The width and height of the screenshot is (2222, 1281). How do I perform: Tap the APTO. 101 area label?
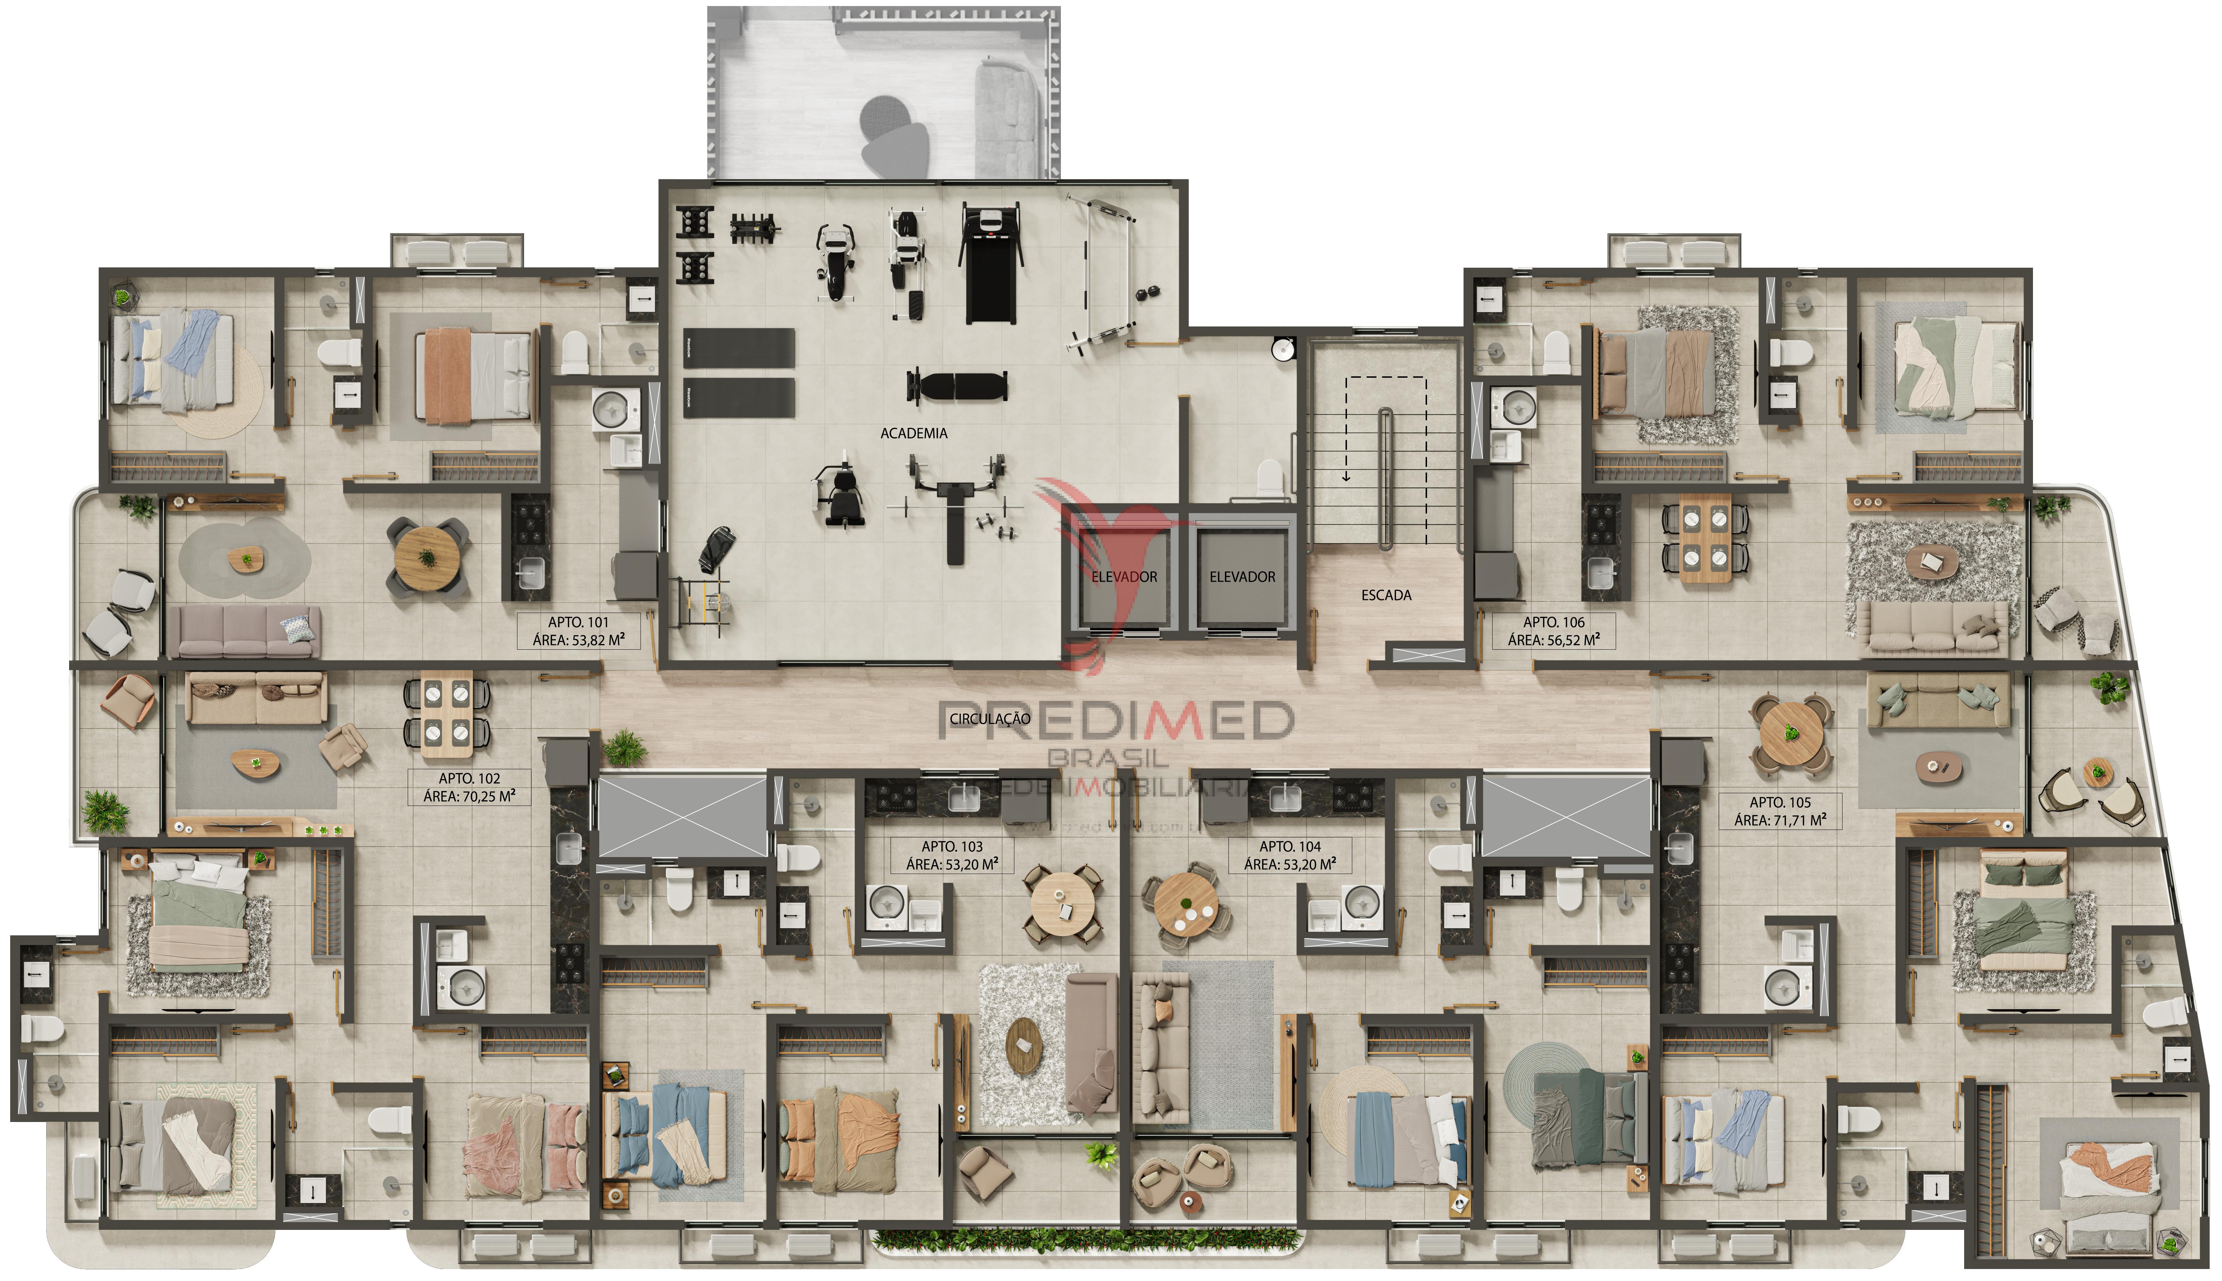[x=578, y=631]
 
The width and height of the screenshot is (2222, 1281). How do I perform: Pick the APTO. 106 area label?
[x=1554, y=631]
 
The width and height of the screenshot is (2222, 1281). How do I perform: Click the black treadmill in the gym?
[x=990, y=264]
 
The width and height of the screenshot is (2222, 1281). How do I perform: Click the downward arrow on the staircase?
[x=1346, y=476]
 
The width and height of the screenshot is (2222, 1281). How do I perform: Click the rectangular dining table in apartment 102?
[x=447, y=714]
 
